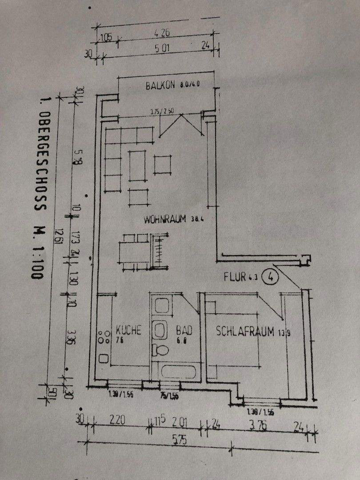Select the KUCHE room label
click(128, 330)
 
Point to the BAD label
click(184, 331)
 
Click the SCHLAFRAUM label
click(245, 331)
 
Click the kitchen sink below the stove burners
click(103, 358)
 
